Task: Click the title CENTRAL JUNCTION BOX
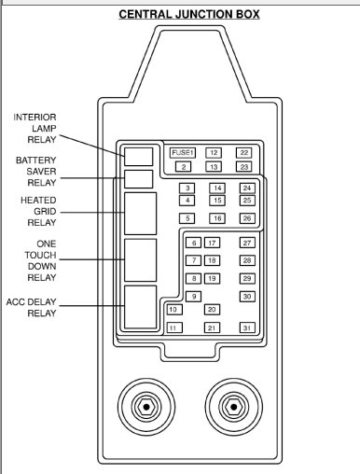click(x=188, y=15)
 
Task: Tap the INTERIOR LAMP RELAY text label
click(x=35, y=128)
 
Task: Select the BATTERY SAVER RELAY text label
click(x=35, y=171)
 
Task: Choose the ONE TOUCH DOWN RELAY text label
click(x=35, y=261)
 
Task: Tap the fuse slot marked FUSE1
click(x=183, y=152)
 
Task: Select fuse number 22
click(x=244, y=152)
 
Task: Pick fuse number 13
click(x=214, y=166)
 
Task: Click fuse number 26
click(x=247, y=217)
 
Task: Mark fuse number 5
click(x=188, y=217)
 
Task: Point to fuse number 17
click(x=212, y=243)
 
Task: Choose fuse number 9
click(x=194, y=296)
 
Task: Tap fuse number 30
click(x=247, y=296)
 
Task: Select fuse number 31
click(x=247, y=328)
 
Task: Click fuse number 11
click(x=173, y=328)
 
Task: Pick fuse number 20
click(x=212, y=309)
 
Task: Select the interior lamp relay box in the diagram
click(x=139, y=155)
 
